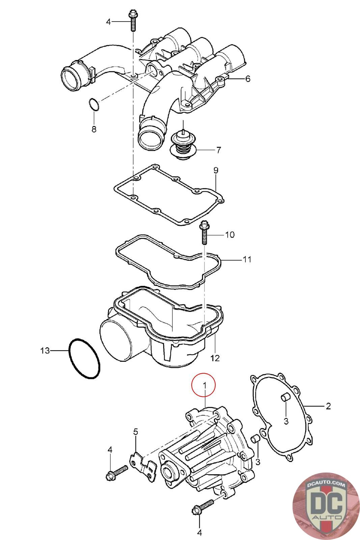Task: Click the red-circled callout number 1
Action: pos(203,384)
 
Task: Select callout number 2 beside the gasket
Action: pos(328,406)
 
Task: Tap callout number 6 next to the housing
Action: pos(248,79)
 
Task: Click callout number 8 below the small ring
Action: pos(94,129)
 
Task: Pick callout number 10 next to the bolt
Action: pos(229,235)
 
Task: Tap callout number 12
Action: pos(215,358)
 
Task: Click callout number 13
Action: pos(45,351)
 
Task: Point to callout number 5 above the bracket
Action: pos(136,431)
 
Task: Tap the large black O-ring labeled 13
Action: pos(84,358)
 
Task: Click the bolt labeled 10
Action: pos(204,233)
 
